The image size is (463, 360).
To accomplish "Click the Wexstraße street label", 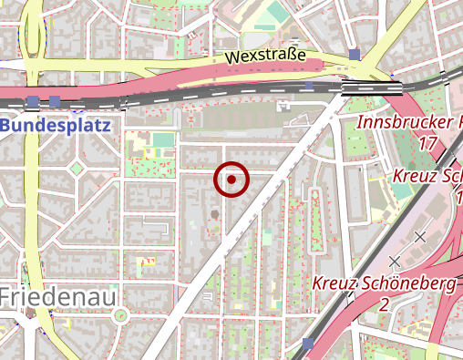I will point(264,57).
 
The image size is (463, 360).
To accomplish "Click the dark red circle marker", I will point(231,180).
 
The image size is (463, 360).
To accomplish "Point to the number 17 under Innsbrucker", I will point(427,143).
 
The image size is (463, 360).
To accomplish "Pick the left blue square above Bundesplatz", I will point(33,100).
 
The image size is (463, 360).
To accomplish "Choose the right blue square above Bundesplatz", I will point(55,100).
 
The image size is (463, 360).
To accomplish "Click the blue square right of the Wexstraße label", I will point(354,55).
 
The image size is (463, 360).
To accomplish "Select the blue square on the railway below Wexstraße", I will point(309,86).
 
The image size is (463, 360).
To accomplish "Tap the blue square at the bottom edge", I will point(308,344).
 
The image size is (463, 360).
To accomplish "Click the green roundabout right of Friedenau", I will point(119,315).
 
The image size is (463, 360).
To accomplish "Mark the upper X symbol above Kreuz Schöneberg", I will point(420,237).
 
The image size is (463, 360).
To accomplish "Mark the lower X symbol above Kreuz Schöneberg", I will point(395,261).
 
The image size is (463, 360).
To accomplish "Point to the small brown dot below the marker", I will point(215,214).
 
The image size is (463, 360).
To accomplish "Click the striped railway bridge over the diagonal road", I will point(371,87).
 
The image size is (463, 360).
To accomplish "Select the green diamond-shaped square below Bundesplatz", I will point(77,169).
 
